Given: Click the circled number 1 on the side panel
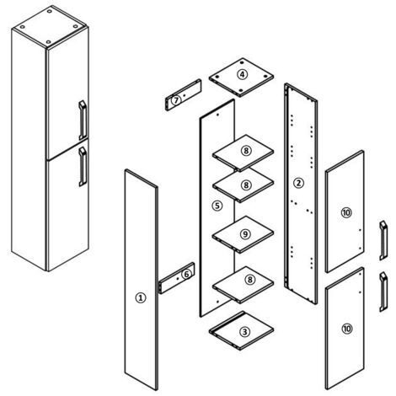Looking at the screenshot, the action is click(141, 297).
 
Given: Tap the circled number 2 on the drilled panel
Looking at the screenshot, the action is click(298, 183).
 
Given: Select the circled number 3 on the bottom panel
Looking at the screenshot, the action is click(244, 332).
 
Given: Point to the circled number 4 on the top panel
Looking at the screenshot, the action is click(242, 75).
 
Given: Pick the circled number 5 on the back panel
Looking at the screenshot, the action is click(217, 206).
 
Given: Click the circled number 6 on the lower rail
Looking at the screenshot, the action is click(186, 274).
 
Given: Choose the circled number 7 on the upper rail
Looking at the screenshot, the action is click(176, 100).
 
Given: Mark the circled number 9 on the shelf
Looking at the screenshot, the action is click(245, 234).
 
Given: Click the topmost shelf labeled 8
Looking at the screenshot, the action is click(243, 153).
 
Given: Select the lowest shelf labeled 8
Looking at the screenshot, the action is click(243, 285).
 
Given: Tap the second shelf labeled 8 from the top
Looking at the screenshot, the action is click(243, 185).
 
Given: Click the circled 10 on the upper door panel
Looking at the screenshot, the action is click(346, 212).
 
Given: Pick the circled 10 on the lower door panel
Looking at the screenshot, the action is click(347, 329).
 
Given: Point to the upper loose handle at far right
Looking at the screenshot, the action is click(383, 240).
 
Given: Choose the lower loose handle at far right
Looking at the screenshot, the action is click(383, 292).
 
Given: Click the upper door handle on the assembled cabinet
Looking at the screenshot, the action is click(83, 120).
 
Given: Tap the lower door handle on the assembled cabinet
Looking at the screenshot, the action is click(83, 167).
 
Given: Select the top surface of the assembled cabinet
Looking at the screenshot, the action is click(50, 27).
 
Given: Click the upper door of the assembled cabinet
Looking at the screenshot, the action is click(67, 94).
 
